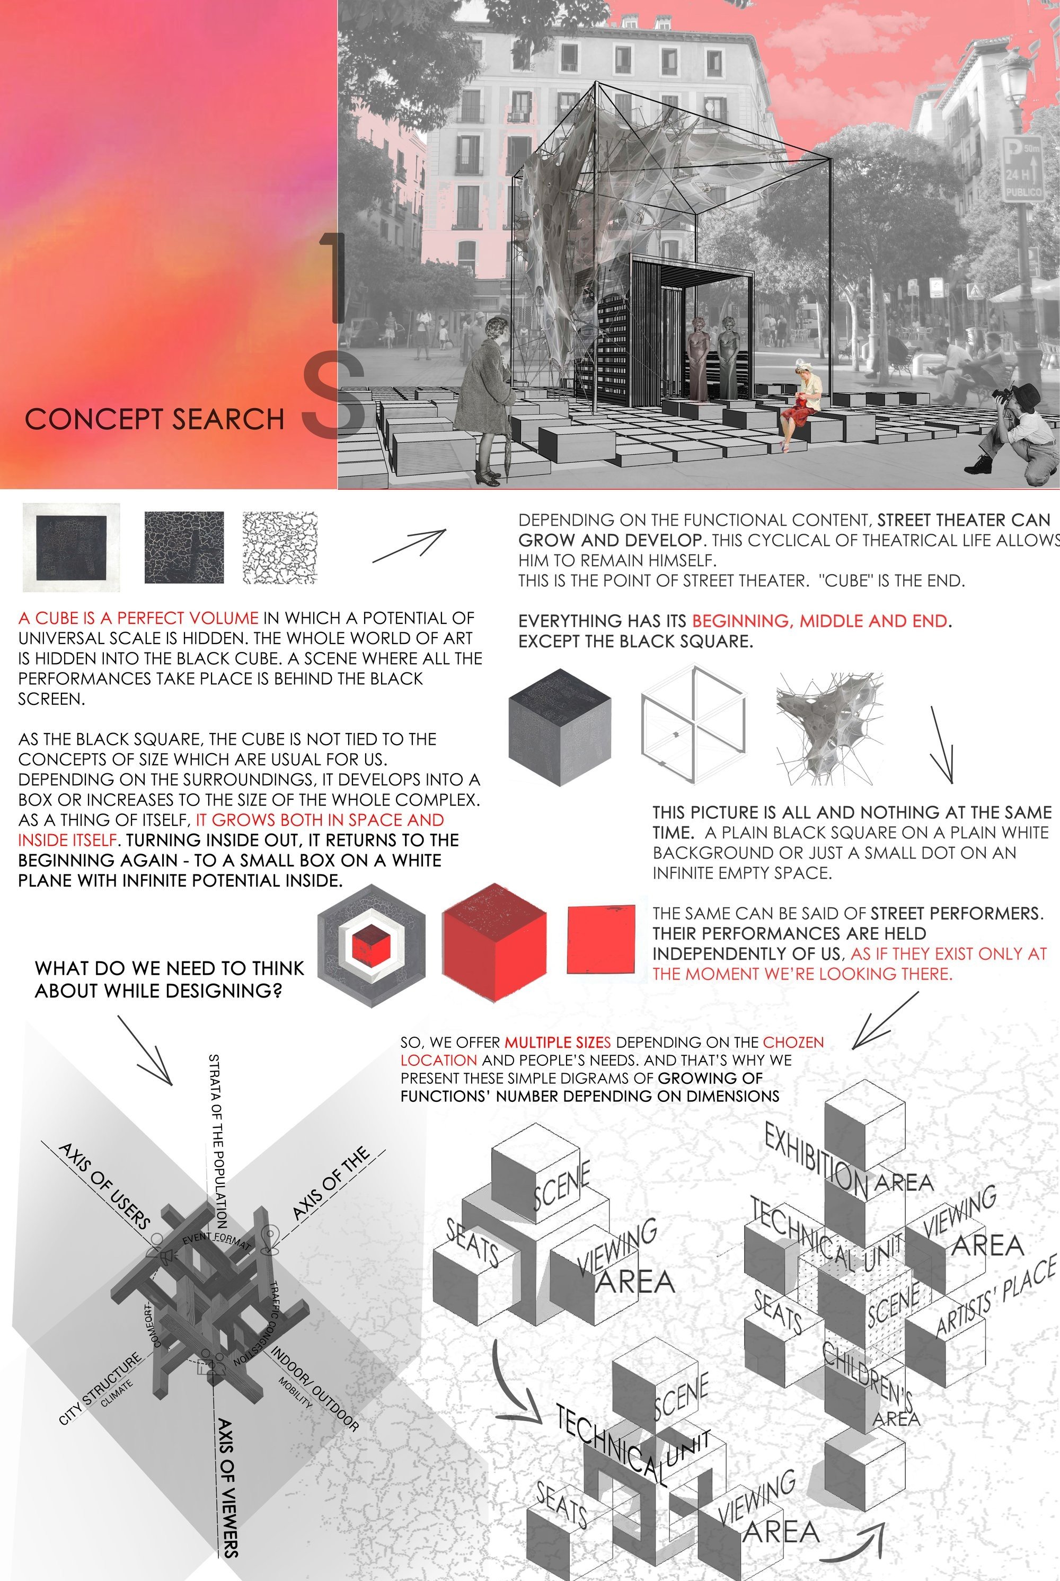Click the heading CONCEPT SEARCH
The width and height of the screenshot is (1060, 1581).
[x=154, y=419]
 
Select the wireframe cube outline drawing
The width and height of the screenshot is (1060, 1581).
[x=693, y=725]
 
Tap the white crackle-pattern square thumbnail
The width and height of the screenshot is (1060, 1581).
[x=280, y=547]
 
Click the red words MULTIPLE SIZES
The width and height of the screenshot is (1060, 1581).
[x=557, y=1043]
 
